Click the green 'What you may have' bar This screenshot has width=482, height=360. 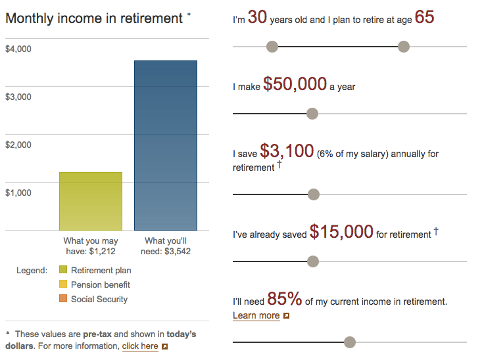coord(91,201)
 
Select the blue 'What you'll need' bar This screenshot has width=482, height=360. coord(166,145)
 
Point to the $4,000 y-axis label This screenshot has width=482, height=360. coord(18,49)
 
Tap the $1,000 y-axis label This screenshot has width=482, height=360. coord(18,193)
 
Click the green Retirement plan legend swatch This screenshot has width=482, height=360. coord(63,270)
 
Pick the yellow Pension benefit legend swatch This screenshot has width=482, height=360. coord(63,284)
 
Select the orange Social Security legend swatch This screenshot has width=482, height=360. coord(63,299)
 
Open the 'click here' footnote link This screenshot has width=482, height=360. coord(140,346)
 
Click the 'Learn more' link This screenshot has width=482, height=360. coord(256,316)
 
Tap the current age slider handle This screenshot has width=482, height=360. coord(272,47)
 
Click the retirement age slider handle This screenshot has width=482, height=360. coord(404,47)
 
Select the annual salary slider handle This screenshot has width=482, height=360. coord(312,114)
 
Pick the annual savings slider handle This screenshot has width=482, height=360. coord(314,194)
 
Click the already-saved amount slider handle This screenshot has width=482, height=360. coord(313,261)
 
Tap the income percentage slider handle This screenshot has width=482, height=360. coord(350,342)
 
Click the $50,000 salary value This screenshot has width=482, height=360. coord(295,84)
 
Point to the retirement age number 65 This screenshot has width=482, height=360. coord(424,18)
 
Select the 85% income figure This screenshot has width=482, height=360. coord(284,300)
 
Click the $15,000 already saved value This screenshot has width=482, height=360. coord(341,232)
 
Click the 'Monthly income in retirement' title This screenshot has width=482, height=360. coord(94,18)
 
